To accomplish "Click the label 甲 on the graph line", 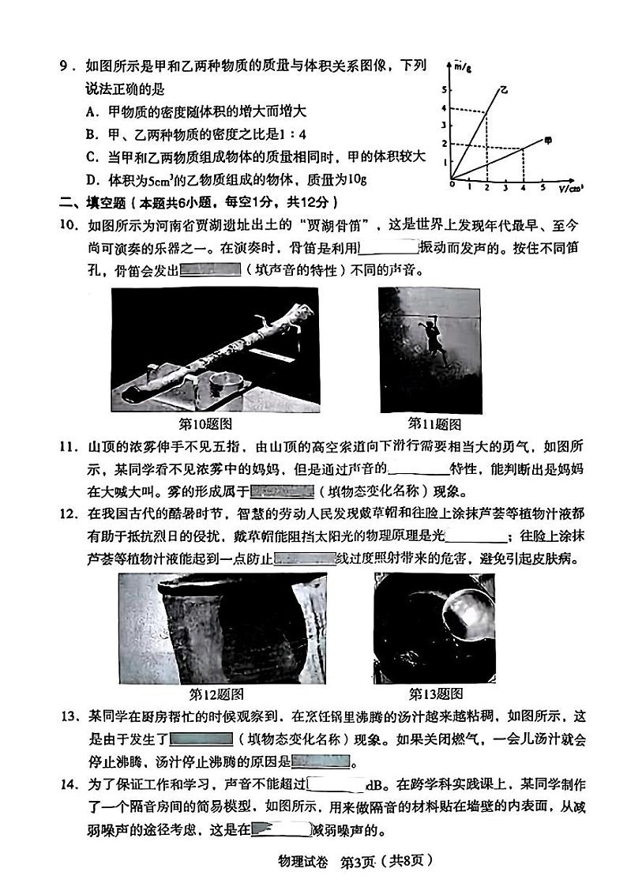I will click(549, 141).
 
